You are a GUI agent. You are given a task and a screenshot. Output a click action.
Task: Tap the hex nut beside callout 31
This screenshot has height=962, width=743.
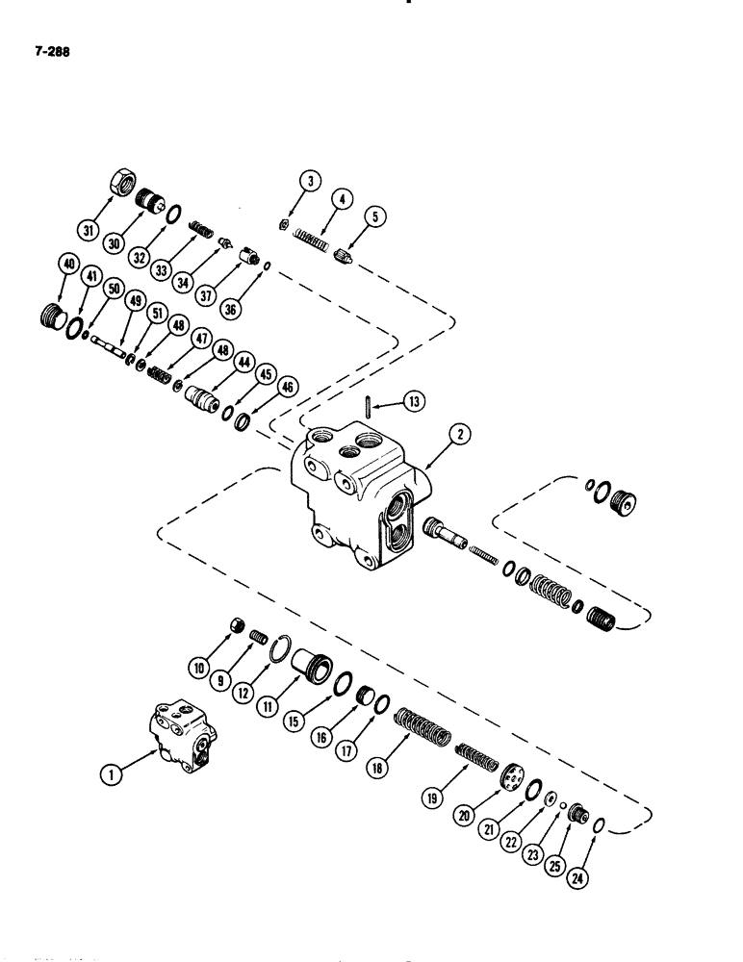(x=119, y=180)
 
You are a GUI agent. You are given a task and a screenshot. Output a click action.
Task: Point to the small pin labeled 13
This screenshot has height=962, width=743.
(x=370, y=404)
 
